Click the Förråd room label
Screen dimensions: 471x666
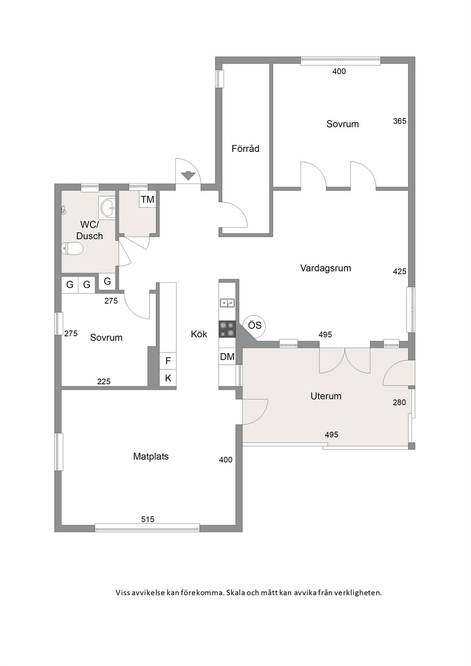(x=245, y=148)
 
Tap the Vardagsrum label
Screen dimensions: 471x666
(x=325, y=268)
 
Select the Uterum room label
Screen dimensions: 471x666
(x=326, y=396)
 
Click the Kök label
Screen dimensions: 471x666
(x=199, y=334)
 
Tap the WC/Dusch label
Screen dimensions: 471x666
(x=89, y=230)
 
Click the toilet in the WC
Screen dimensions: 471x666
(x=72, y=249)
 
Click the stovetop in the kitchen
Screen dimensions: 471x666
(x=227, y=329)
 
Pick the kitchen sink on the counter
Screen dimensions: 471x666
(x=227, y=303)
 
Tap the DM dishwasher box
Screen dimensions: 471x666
(x=227, y=356)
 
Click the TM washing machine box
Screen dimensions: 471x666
(x=147, y=199)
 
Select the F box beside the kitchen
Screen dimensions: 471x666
(x=168, y=361)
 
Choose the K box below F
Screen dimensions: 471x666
(x=168, y=378)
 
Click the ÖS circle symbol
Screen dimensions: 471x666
(x=255, y=325)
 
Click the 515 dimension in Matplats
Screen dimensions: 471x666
(x=148, y=519)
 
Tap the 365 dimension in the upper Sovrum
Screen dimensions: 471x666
(x=399, y=121)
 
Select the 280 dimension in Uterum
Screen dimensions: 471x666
(x=399, y=402)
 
